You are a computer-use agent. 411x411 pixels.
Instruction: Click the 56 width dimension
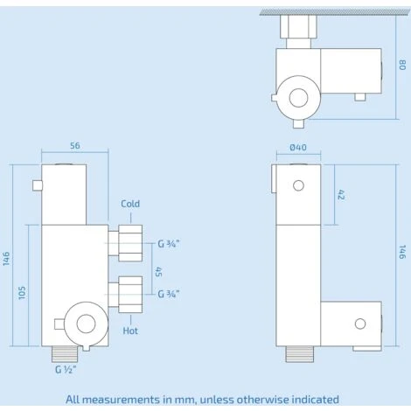pyautogui.click(x=75, y=146)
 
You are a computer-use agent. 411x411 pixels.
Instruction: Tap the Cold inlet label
pyautogui.click(x=130, y=204)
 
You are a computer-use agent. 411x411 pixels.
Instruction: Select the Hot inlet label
pyautogui.click(x=130, y=331)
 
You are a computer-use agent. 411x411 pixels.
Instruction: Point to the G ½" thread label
pyautogui.click(x=66, y=370)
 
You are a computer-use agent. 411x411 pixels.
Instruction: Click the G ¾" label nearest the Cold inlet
pyautogui.click(x=169, y=244)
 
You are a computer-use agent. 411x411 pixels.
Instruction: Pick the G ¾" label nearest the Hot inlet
pyautogui.click(x=169, y=294)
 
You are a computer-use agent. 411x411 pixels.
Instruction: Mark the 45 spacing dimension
pyautogui.click(x=159, y=272)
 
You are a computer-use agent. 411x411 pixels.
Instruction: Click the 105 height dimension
pyautogui.click(x=22, y=293)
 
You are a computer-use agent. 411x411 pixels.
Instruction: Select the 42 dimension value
pyautogui.click(x=341, y=195)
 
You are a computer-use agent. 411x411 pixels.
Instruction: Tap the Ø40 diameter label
pyautogui.click(x=298, y=148)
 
